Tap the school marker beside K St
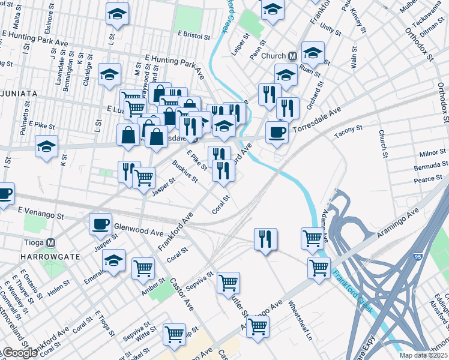tap(47, 146)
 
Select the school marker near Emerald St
tap(113, 260)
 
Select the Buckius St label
tap(184, 172)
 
